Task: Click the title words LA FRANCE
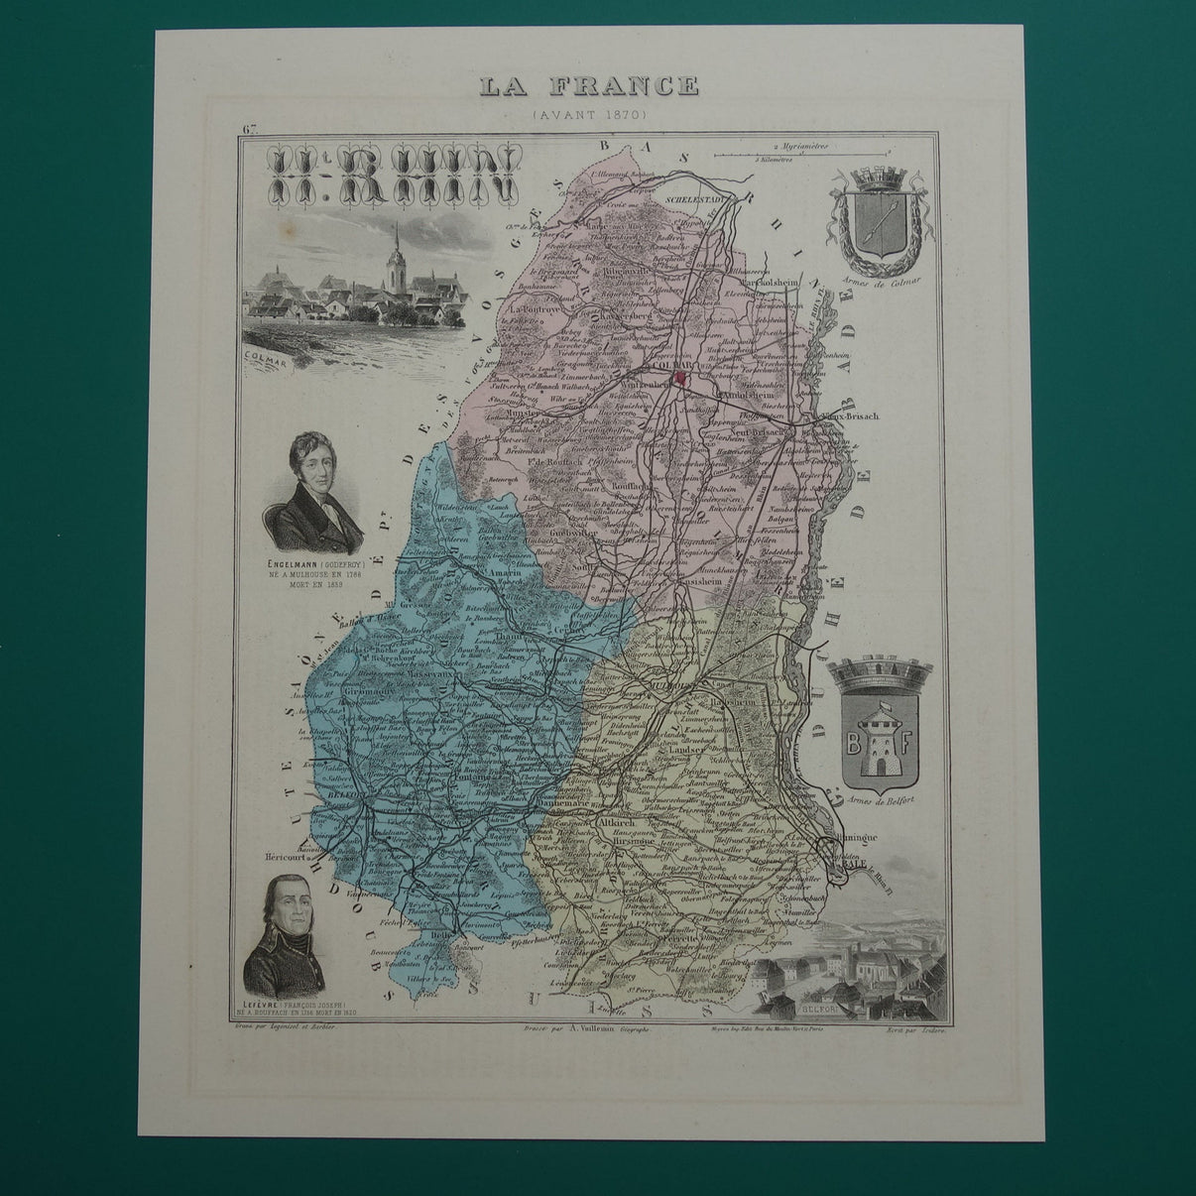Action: [x=588, y=85]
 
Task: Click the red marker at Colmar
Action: [x=679, y=378]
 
